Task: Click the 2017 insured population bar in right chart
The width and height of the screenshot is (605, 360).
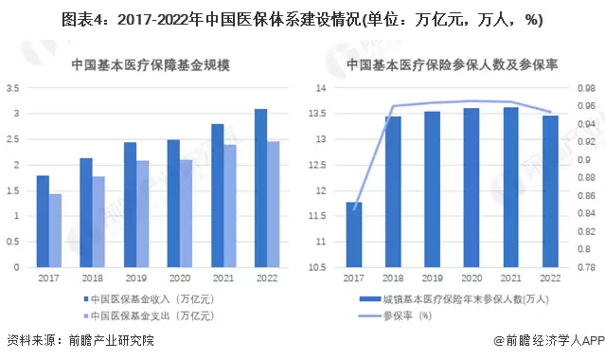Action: [x=354, y=234]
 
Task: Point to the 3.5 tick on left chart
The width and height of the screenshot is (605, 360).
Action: [x=13, y=88]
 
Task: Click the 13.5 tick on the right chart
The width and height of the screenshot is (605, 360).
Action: [x=320, y=114]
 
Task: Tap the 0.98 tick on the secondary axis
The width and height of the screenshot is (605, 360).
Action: [x=588, y=88]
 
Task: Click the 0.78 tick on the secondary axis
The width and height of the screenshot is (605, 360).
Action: [x=588, y=267]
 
